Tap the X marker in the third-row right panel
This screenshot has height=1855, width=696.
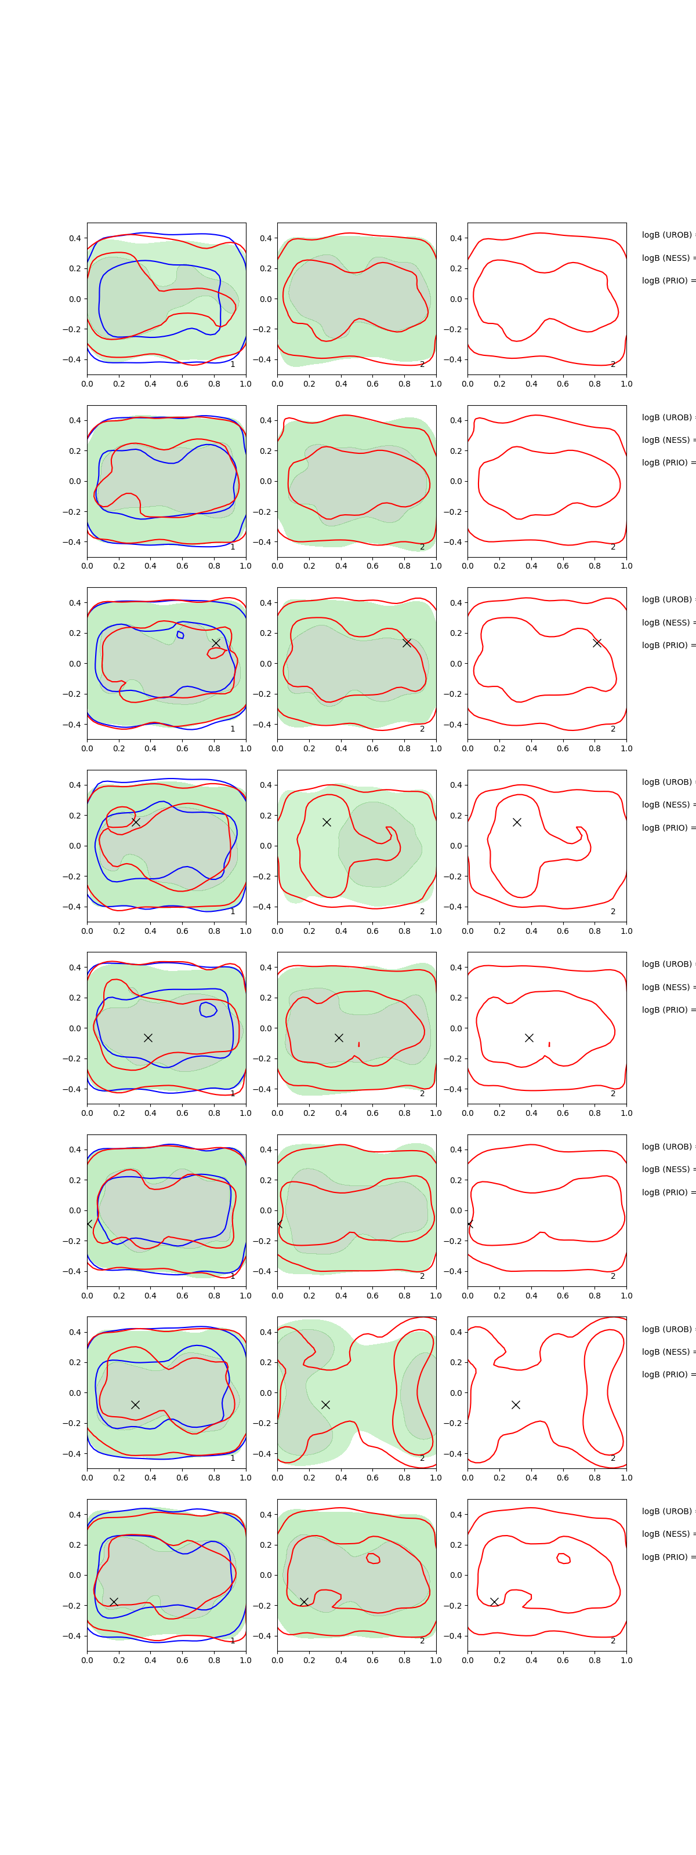(597, 642)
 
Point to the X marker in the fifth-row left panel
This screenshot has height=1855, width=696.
(148, 1038)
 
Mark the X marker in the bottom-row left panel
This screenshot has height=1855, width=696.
(114, 1602)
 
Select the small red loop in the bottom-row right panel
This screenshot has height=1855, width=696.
(563, 1558)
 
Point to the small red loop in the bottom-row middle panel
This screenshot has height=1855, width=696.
(373, 1558)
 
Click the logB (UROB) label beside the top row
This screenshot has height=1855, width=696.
(667, 235)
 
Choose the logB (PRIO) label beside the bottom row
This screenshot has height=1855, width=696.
(667, 1557)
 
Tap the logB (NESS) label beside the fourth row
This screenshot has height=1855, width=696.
(667, 805)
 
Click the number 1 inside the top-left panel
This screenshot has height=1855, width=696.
(233, 365)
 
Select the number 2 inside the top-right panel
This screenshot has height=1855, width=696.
(613, 365)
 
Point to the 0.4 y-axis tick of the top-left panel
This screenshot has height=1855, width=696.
(75, 238)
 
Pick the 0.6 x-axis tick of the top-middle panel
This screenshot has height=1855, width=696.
(372, 384)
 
